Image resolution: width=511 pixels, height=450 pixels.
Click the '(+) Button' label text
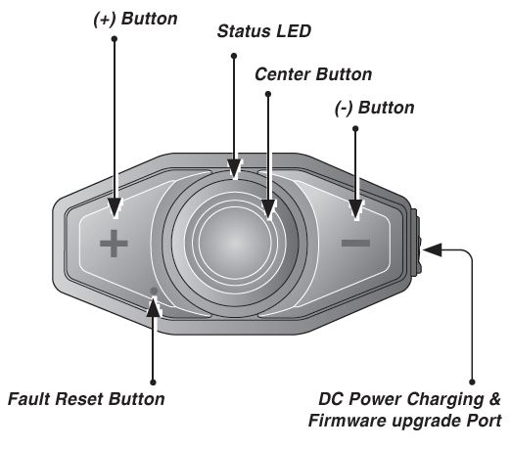(x=129, y=17)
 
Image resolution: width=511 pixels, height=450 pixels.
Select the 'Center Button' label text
(x=312, y=73)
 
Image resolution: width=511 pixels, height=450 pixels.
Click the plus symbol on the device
(x=114, y=243)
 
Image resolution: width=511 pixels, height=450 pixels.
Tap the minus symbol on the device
(x=356, y=242)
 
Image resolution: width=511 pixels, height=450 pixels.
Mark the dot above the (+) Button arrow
(x=116, y=39)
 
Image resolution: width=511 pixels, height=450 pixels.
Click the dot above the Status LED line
(x=233, y=55)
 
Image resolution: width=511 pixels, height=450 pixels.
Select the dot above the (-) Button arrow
(x=354, y=127)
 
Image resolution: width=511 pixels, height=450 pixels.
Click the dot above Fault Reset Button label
(x=154, y=381)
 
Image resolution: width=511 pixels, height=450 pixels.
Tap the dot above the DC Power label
(x=474, y=381)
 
